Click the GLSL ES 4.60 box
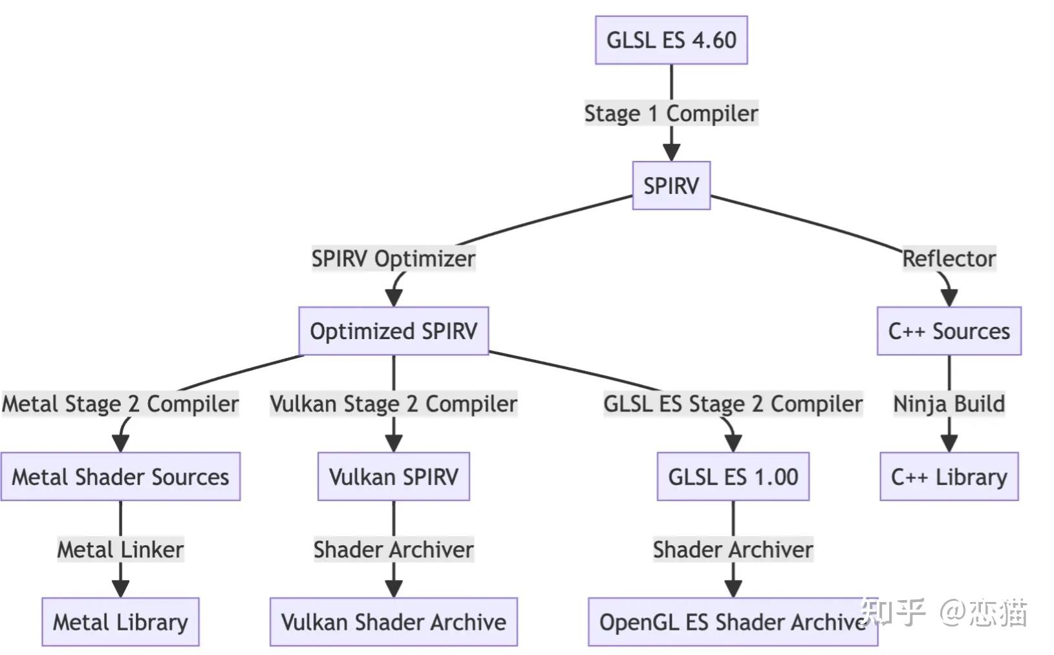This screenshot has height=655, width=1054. coord(671,40)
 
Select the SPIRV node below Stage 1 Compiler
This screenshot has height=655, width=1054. coord(671,185)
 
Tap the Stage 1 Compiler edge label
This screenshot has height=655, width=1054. coord(671,113)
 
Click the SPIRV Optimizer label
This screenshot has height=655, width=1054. coord(393,258)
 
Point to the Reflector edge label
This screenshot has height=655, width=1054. coord(949,258)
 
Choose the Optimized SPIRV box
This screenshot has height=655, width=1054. coord(393,331)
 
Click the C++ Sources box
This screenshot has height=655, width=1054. coord(949,331)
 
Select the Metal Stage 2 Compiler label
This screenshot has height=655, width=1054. coord(120,404)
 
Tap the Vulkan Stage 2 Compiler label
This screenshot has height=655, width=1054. coord(393,404)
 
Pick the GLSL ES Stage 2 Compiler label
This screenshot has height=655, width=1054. coord(733,404)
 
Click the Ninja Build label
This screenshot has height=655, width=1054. coord(949,404)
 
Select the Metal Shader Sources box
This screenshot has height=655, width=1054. coord(120,477)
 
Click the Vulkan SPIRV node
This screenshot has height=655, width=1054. coord(393,477)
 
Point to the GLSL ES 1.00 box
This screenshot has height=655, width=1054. coord(733,477)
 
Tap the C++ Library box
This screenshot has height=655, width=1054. coord(949,477)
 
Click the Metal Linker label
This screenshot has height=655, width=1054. coord(120,550)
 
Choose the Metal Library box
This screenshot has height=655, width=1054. coord(120,622)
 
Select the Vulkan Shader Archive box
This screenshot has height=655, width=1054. coord(393,622)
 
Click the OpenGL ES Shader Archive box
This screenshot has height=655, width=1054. coord(733,622)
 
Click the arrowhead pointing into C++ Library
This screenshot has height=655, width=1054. coord(949,443)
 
